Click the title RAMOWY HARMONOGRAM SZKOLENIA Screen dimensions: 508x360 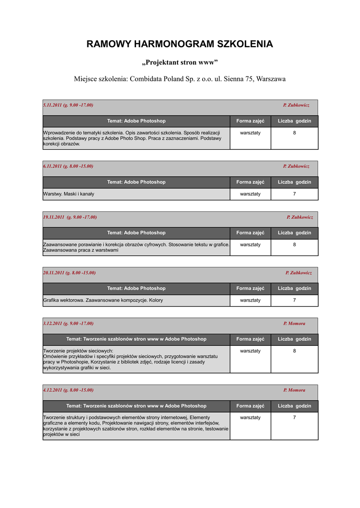pos(180,44)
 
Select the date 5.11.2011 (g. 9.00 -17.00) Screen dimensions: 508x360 pos(68,105)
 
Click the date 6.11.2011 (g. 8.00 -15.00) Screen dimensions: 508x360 pos(68,166)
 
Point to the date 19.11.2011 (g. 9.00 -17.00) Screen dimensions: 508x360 pos(70,217)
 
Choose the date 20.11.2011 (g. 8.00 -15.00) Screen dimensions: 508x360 pos(70,272)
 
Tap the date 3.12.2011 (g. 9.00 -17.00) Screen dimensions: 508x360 pos(68,323)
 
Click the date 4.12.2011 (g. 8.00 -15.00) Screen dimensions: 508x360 pos(68,390)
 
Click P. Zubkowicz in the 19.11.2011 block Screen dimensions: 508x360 pos(299,217)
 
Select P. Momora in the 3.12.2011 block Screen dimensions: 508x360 pos(294,323)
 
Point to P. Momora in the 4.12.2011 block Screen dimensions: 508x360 pos(294,390)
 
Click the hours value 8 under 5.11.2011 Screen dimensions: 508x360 pos(294,133)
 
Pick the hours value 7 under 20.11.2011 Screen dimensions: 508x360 pos(294,300)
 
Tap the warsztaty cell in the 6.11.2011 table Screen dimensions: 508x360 pos(250,194)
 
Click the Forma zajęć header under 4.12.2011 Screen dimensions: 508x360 pos(250,406)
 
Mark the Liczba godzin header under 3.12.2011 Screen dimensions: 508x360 pos(294,339)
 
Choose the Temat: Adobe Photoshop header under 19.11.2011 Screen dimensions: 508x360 pos(136,233)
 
